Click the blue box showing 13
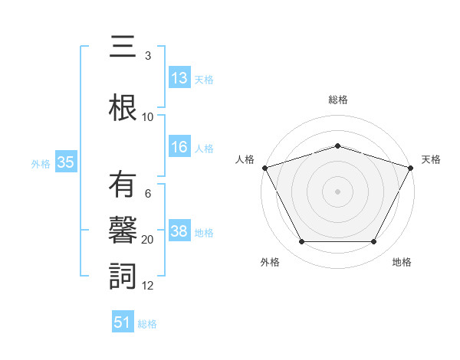click(179, 78)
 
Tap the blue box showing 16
click(179, 147)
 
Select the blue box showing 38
click(179, 231)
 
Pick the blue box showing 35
click(65, 162)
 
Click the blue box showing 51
click(123, 322)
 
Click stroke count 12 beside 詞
click(148, 286)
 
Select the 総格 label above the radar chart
click(337, 100)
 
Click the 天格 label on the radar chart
click(431, 159)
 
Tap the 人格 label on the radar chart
click(245, 159)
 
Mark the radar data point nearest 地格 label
click(373, 242)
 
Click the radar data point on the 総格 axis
click(337, 146)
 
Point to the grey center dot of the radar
click(337, 191)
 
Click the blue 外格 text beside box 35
click(41, 163)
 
